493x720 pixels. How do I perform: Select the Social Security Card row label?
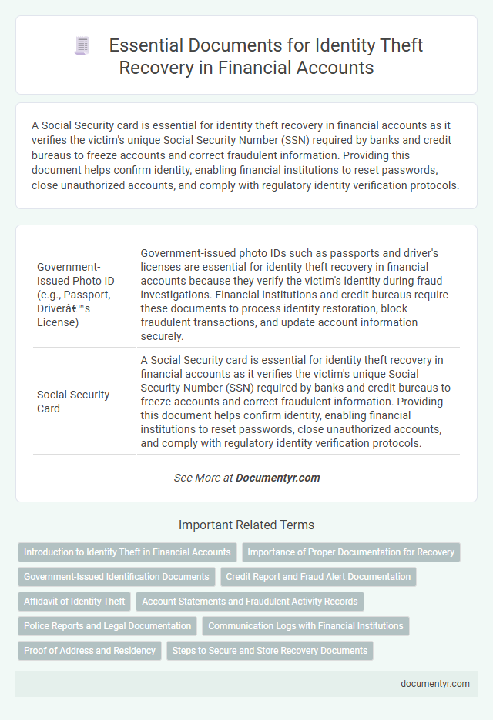coord(73,402)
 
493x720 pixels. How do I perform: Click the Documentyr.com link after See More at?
coord(277,478)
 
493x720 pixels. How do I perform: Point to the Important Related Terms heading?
coord(246,525)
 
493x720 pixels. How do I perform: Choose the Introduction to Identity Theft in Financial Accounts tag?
coord(127,552)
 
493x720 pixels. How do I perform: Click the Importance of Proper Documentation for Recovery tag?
coord(351,552)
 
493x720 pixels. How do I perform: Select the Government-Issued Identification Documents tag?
coord(116,576)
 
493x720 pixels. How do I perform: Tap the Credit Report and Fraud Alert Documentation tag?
coord(318,576)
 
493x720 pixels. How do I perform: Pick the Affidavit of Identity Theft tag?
coord(75,601)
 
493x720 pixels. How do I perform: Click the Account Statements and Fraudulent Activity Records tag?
coord(250,601)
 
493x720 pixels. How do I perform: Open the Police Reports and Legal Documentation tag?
coord(107,625)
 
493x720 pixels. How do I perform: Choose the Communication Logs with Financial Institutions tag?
coord(306,625)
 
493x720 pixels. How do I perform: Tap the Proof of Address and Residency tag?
coord(89,650)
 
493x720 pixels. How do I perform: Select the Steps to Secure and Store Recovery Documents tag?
coord(270,650)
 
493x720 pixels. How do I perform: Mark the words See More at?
coord(203,478)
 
